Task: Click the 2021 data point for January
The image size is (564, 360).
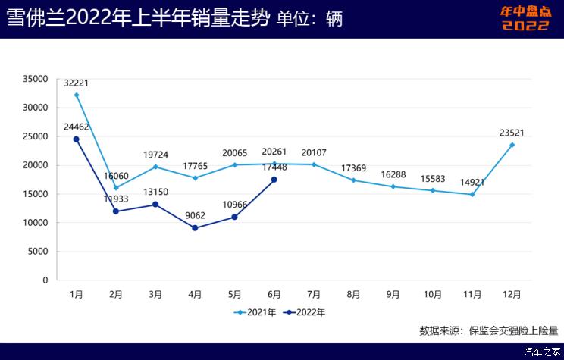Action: click(x=77, y=95)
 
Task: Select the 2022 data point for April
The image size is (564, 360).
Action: click(x=195, y=228)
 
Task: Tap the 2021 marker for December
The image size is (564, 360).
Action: click(x=512, y=145)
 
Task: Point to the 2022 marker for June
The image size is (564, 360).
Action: click(x=274, y=180)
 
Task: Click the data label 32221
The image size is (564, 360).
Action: click(x=77, y=83)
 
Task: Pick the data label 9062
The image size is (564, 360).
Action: click(x=195, y=214)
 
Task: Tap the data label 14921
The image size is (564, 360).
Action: click(x=472, y=182)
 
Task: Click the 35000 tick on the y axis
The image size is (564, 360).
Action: click(x=35, y=79)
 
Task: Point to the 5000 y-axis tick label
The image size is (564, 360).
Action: click(x=38, y=252)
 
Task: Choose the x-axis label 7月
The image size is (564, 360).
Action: click(x=313, y=293)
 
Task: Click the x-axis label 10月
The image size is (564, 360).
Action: click(x=432, y=293)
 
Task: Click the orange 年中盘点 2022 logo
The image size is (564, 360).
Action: click(x=525, y=19)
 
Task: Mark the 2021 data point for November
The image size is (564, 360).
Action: click(x=472, y=194)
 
